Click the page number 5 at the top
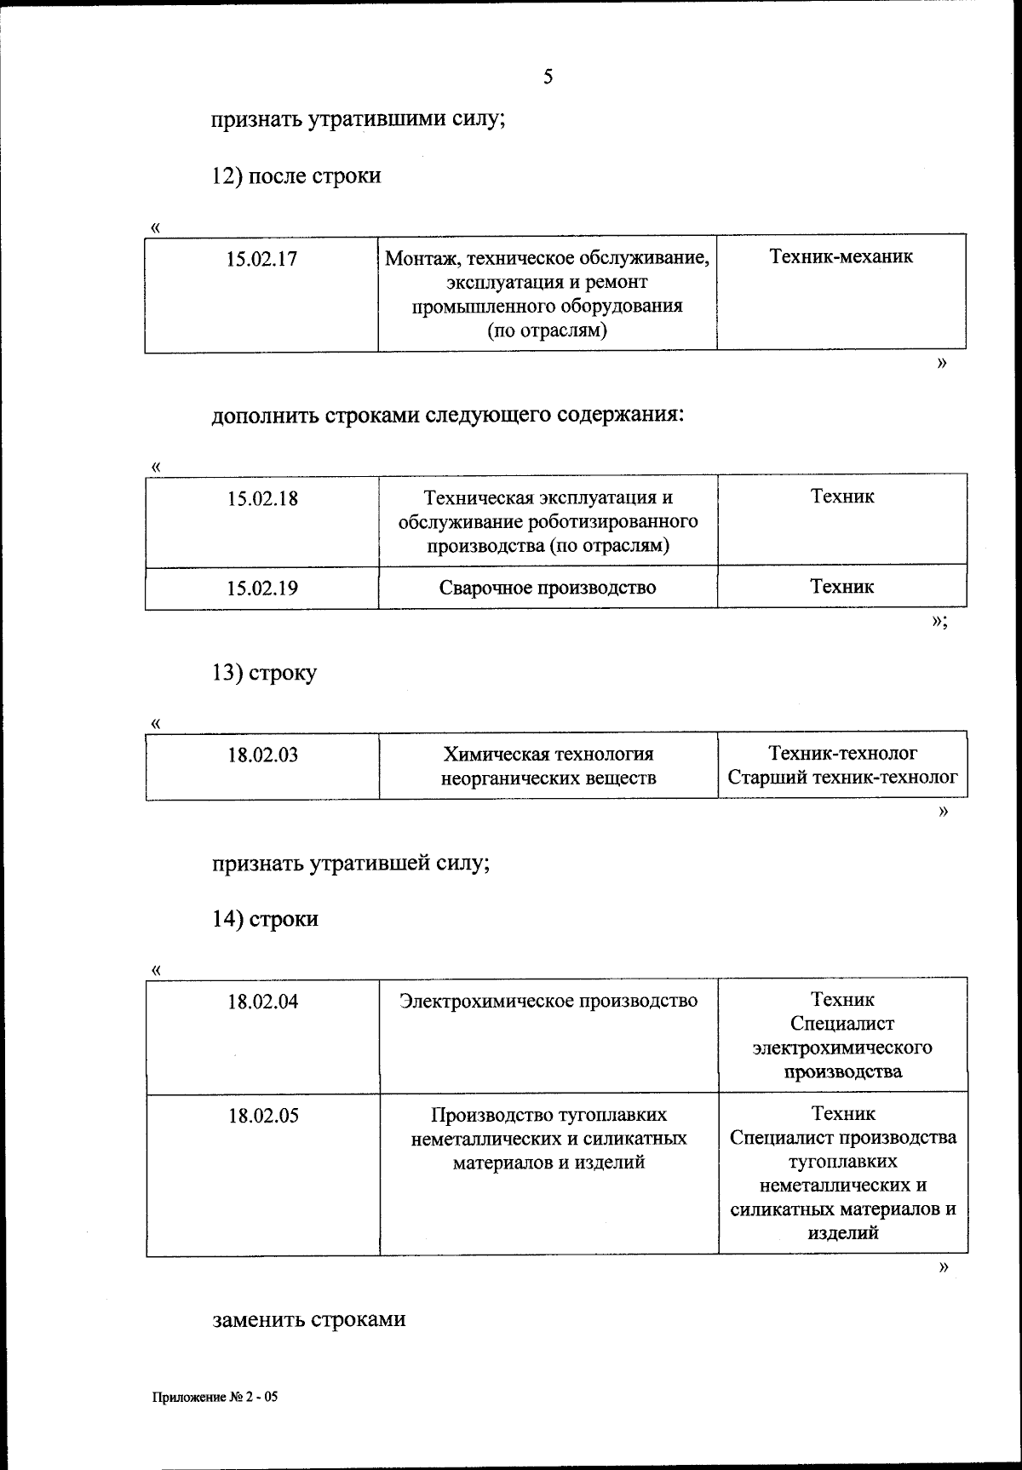(x=548, y=78)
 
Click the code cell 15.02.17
(x=261, y=259)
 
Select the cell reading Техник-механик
(x=841, y=256)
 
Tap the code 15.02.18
(x=262, y=498)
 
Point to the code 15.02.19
(x=262, y=588)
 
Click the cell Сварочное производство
(x=548, y=588)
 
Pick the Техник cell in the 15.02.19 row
(x=841, y=586)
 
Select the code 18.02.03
(x=262, y=755)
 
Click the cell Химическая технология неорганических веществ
(x=548, y=766)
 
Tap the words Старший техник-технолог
(x=842, y=778)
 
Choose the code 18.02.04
(x=262, y=1002)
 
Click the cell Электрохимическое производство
(x=548, y=1001)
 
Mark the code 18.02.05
(x=263, y=1116)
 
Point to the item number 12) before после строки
(x=227, y=176)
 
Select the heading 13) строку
(x=264, y=673)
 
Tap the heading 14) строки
(x=265, y=919)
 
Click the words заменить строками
(x=308, y=1319)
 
